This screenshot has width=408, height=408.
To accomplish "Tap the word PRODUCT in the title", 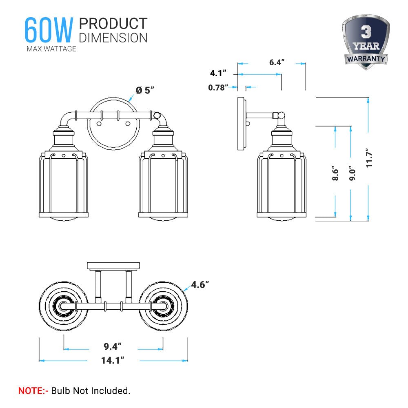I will [x=113, y=24].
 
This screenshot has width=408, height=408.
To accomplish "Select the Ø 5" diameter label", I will [x=146, y=90].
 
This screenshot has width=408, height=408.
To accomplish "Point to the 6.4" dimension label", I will [x=277, y=62].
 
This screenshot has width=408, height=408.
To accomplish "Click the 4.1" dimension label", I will [x=218, y=73].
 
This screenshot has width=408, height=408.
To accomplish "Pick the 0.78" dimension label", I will [x=217, y=87].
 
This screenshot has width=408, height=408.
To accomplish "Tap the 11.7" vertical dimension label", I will [x=369, y=158].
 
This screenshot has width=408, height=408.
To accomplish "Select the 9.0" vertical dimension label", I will [x=352, y=172].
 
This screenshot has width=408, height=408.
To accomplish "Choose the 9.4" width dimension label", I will [x=113, y=347].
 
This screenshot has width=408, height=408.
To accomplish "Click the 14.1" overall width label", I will [x=113, y=360].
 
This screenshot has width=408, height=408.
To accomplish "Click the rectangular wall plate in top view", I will [x=112, y=266].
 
